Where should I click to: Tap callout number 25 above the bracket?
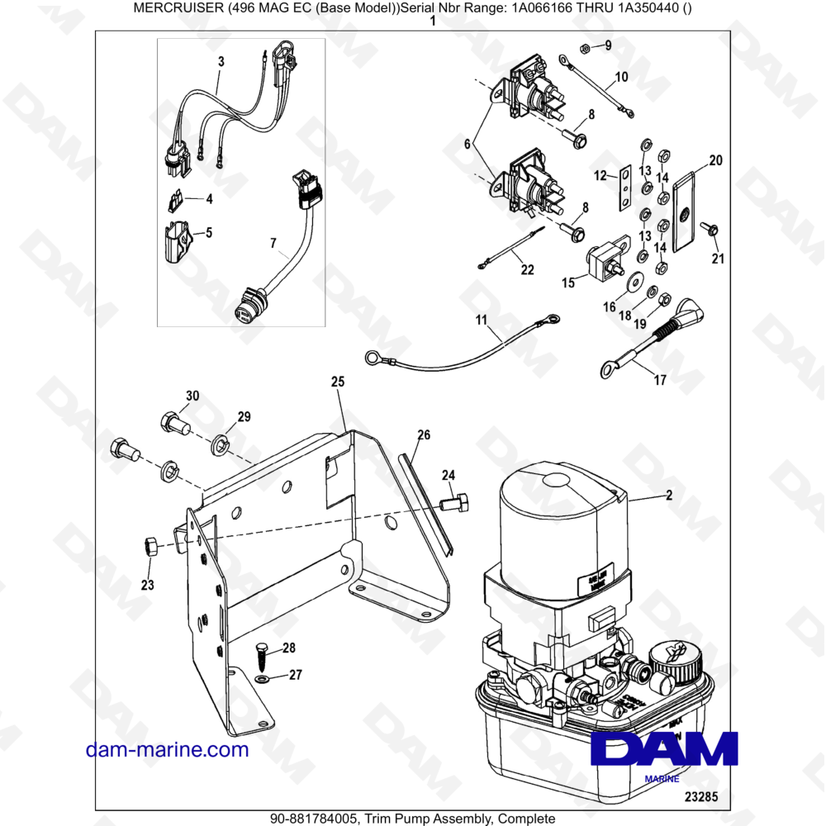pos(337,382)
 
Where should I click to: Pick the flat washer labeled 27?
pos(261,678)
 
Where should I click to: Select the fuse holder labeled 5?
pos(176,240)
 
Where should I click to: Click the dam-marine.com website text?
pos(167,749)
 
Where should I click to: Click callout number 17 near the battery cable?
pos(659,381)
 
